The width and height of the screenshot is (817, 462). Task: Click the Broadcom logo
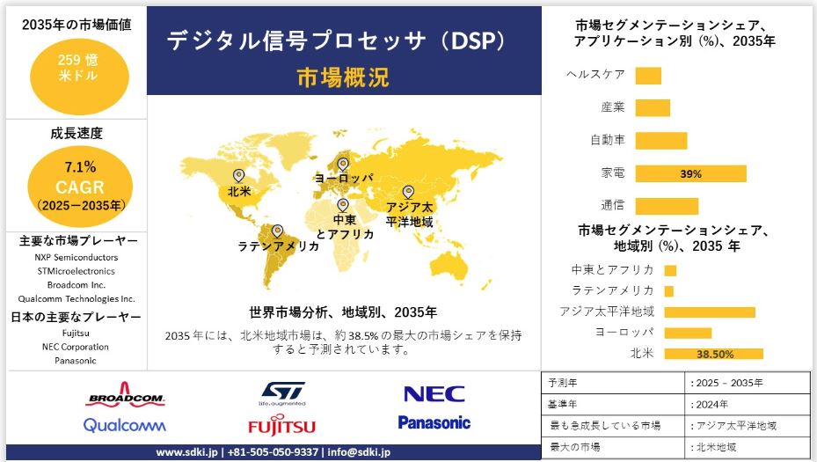click(126, 394)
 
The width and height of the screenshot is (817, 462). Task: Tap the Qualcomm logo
click(124, 425)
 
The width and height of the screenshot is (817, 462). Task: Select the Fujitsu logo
click(281, 426)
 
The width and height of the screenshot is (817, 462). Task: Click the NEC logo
click(434, 394)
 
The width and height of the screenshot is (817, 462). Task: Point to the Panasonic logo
click(434, 422)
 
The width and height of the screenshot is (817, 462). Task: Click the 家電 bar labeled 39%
click(690, 173)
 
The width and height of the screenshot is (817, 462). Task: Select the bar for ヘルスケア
click(647, 76)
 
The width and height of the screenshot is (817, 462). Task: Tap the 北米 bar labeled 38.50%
click(713, 354)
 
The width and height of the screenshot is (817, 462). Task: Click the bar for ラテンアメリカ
click(669, 290)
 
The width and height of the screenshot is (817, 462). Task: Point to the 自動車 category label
click(608, 140)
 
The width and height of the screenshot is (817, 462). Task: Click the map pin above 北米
click(238, 175)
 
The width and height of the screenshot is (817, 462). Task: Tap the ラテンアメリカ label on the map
click(279, 246)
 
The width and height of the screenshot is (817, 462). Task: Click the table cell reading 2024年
click(711, 404)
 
